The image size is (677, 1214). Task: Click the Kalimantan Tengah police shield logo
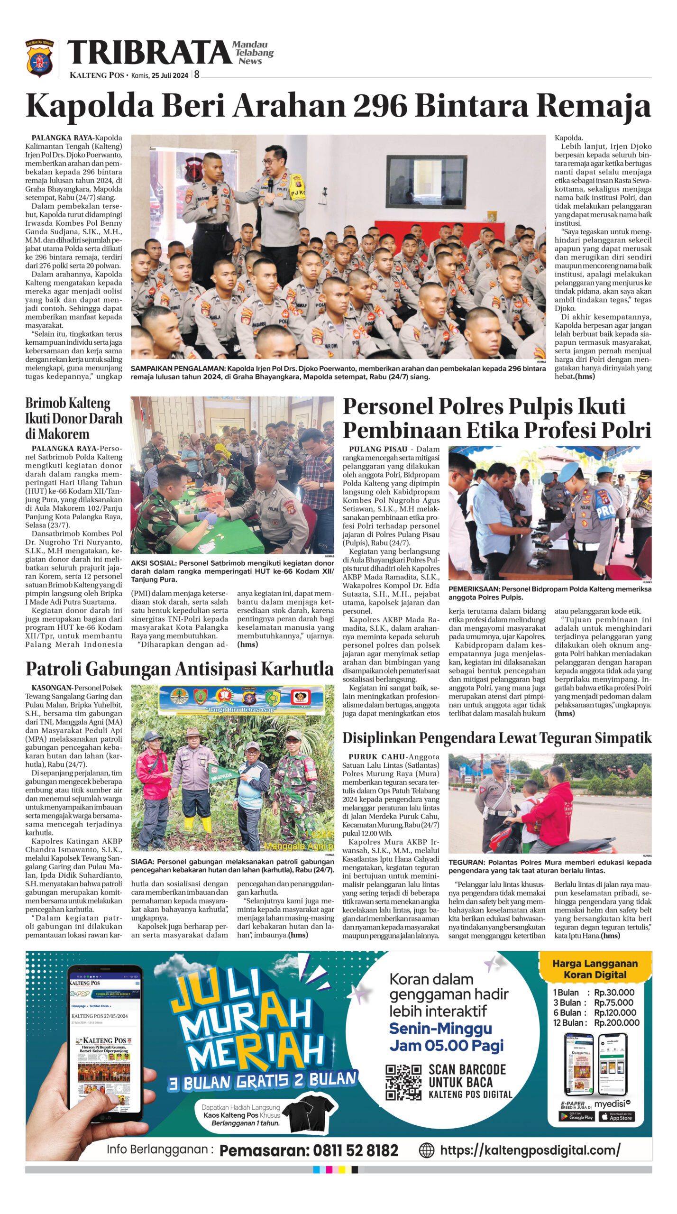(x=39, y=59)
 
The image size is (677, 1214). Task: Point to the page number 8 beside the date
(x=196, y=75)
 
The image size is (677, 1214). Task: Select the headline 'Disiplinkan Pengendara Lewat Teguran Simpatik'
(x=497, y=738)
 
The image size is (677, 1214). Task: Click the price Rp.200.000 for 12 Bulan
(x=616, y=1023)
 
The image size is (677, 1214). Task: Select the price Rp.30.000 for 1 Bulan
(x=614, y=993)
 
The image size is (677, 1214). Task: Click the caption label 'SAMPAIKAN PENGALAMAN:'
(x=178, y=368)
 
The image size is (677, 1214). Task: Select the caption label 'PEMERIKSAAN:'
(x=470, y=589)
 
